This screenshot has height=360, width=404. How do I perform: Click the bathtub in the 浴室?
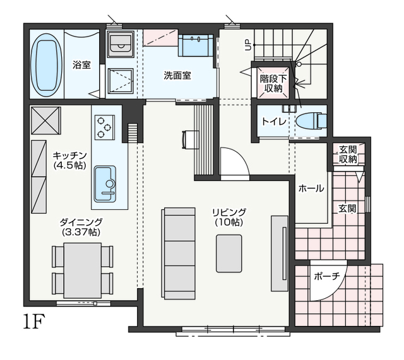pyautogui.click(x=47, y=66)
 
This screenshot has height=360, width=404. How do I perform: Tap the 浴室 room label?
pyautogui.click(x=81, y=65)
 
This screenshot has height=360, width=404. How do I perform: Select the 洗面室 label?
pyautogui.click(x=177, y=76)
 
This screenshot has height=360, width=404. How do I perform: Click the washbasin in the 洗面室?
pyautogui.click(x=196, y=45)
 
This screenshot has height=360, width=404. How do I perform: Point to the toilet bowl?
pyautogui.click(x=311, y=120)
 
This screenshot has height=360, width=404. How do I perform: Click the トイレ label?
pyautogui.click(x=274, y=121)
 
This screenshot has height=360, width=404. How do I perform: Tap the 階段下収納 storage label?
pyautogui.click(x=273, y=83)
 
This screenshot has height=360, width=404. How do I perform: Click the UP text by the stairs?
pyautogui.click(x=248, y=45)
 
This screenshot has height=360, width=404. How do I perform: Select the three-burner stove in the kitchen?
pyautogui.click(x=105, y=127)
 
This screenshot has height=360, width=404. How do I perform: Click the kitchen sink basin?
pyautogui.click(x=105, y=184)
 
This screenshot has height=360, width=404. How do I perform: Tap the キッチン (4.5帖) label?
pyautogui.click(x=69, y=160)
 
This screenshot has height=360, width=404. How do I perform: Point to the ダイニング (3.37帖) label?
pyautogui.click(x=81, y=227)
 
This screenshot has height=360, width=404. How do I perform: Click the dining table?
pyautogui.click(x=83, y=270)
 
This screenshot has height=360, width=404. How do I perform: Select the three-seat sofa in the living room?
pyautogui.click(x=178, y=253)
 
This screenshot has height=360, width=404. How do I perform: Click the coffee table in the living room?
pyautogui.click(x=229, y=253)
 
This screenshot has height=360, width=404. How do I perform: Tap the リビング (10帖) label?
pyautogui.click(x=229, y=218)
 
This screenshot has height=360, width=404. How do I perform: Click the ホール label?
pyautogui.click(x=311, y=189)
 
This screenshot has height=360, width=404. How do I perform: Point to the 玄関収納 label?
pyautogui.click(x=348, y=154)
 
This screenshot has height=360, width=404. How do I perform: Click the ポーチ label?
pyautogui.click(x=327, y=276)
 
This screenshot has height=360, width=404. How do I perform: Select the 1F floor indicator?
pyautogui.click(x=34, y=321)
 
